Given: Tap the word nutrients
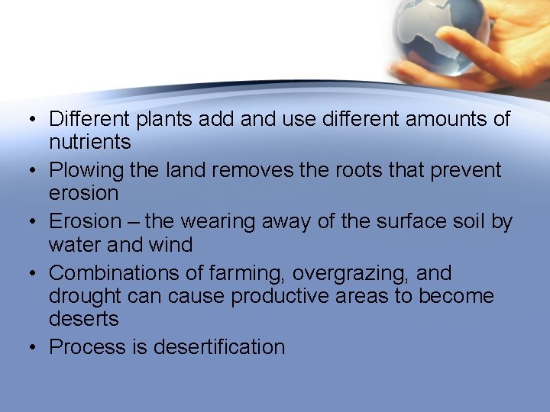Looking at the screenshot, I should point(89,142).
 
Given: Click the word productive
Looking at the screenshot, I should point(283,296).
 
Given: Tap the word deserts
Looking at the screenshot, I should point(83,319).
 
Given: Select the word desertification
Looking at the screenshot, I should point(219,347).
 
